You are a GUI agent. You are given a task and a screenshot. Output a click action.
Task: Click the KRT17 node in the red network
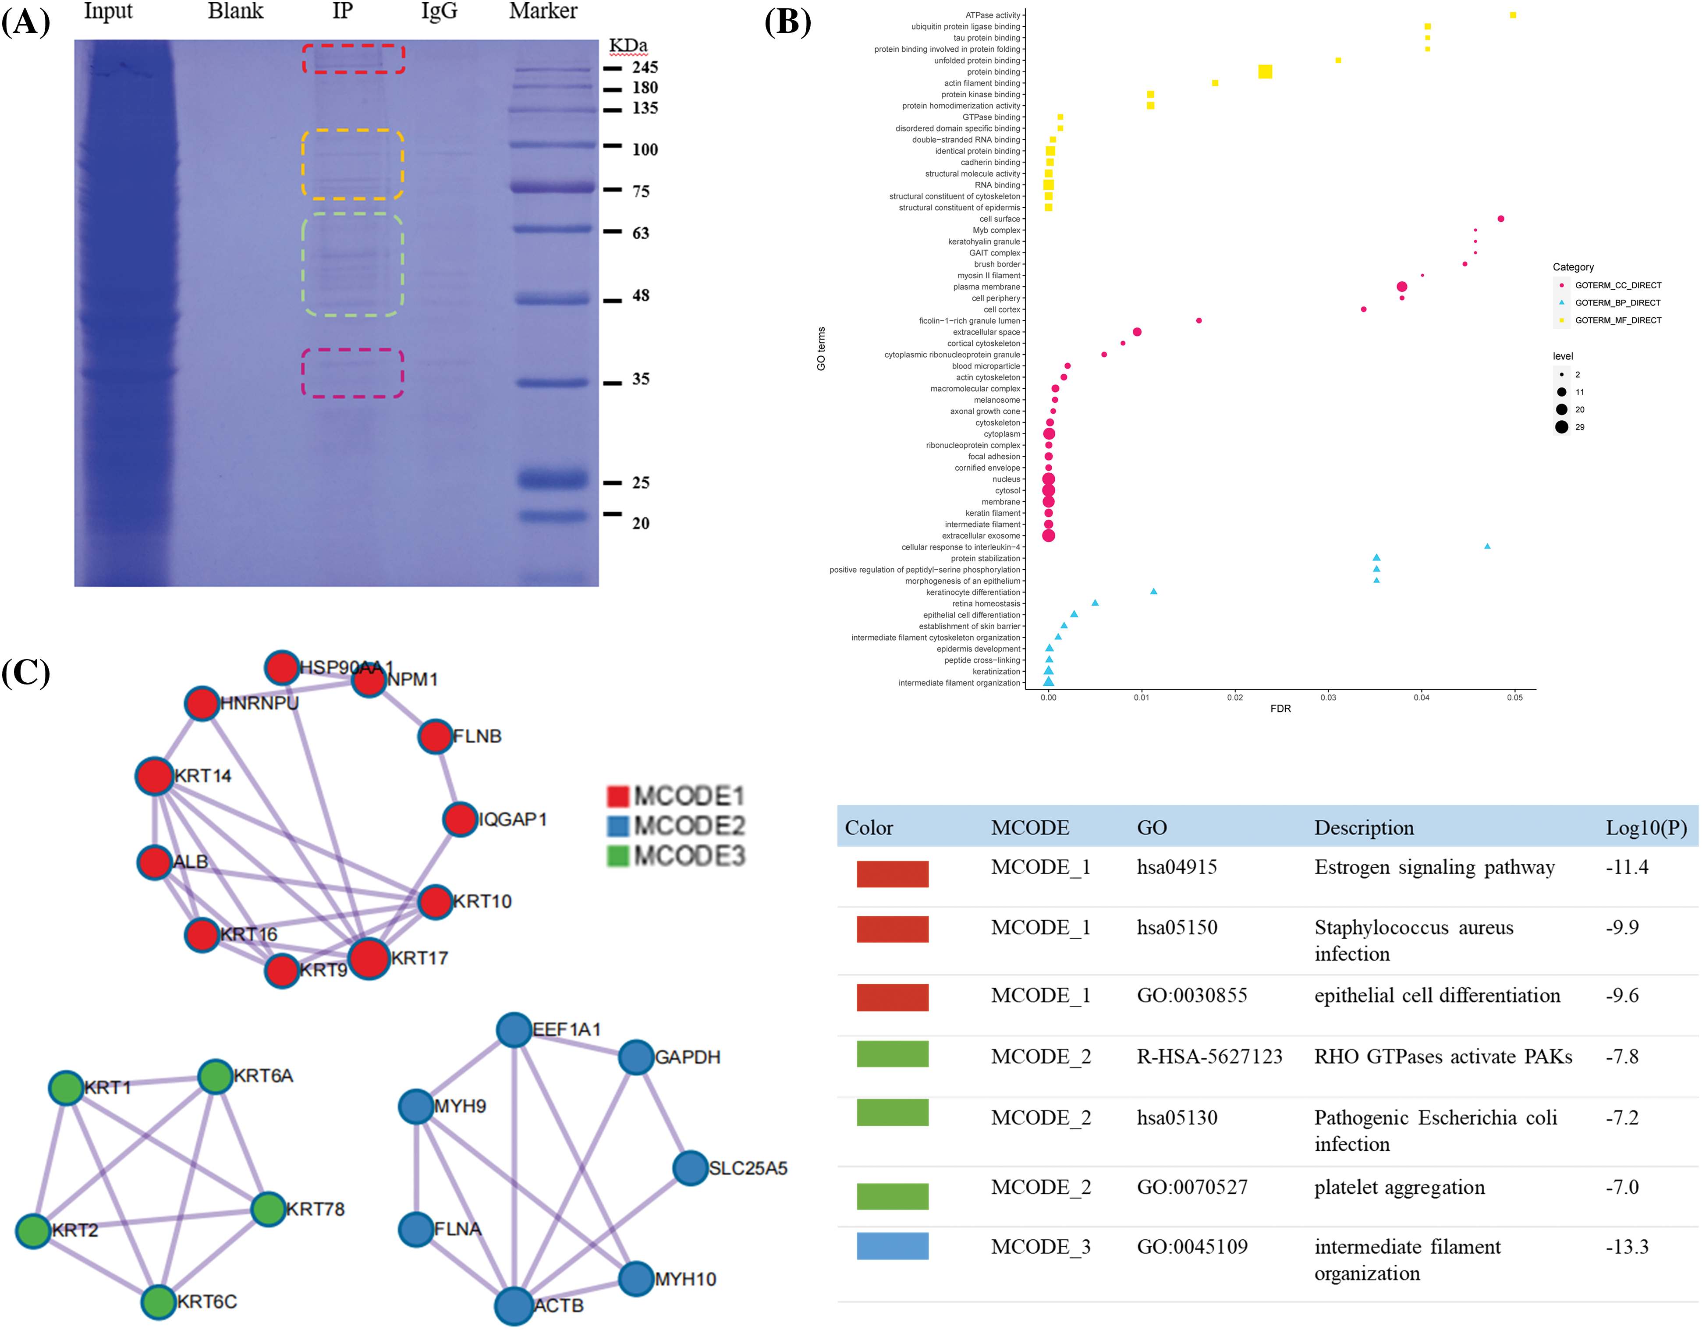pos(369,958)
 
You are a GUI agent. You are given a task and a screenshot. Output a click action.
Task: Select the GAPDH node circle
pos(636,1057)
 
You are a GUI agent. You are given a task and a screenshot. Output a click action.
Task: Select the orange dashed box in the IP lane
pos(352,164)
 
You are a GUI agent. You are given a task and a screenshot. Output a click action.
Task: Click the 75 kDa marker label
pos(641,191)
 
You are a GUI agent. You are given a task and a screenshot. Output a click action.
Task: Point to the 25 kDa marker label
pos(641,482)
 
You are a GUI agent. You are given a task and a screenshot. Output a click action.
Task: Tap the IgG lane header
pos(439,11)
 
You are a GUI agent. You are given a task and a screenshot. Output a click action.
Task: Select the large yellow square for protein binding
pos(1265,72)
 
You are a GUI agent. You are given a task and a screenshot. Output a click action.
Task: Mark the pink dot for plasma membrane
pos(1402,287)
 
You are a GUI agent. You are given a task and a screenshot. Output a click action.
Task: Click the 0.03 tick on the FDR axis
pos(1328,697)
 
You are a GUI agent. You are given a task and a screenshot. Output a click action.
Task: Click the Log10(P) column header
pos(1646,827)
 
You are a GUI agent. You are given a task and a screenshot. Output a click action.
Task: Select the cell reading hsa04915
pos(1177,867)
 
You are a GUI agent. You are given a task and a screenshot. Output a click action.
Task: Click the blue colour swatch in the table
pos(892,1246)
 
